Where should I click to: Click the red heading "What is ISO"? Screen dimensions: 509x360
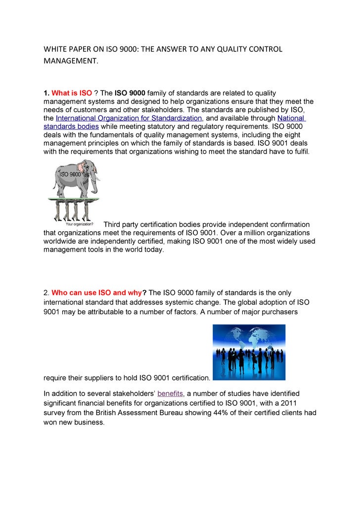point(72,93)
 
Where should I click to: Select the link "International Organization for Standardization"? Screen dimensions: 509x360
point(129,118)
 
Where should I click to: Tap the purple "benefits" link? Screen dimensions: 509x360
point(170,393)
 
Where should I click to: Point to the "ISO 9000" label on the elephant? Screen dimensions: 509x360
point(70,174)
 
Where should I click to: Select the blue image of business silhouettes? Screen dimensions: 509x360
point(249,352)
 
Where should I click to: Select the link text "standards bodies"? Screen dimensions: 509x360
point(71,127)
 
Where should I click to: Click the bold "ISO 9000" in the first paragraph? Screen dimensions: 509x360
point(130,93)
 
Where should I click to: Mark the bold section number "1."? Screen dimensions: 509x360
point(46,93)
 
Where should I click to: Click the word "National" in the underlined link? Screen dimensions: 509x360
point(291,118)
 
